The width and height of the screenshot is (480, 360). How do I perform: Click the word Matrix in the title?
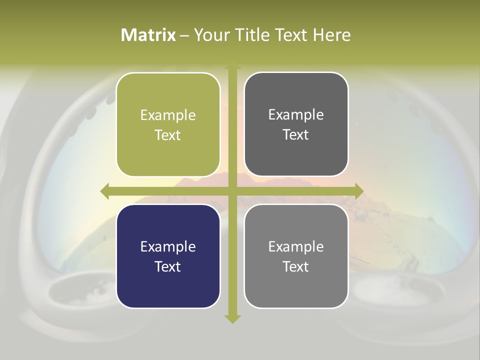[x=148, y=35]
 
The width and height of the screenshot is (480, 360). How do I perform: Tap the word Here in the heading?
[x=331, y=35]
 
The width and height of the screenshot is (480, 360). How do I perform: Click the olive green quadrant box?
[x=168, y=125]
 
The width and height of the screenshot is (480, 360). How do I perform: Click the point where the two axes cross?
[x=232, y=191]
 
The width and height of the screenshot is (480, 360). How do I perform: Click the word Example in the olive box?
[x=168, y=115]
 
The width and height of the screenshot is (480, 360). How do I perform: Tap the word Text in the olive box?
[x=168, y=135]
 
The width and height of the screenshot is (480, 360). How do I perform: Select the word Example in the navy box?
[x=168, y=247]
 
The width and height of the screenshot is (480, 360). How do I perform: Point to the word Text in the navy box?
[x=168, y=267]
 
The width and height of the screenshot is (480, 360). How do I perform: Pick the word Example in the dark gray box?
[x=296, y=115]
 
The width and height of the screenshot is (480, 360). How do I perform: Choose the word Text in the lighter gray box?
[x=296, y=267]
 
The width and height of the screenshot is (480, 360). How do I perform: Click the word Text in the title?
[x=290, y=35]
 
